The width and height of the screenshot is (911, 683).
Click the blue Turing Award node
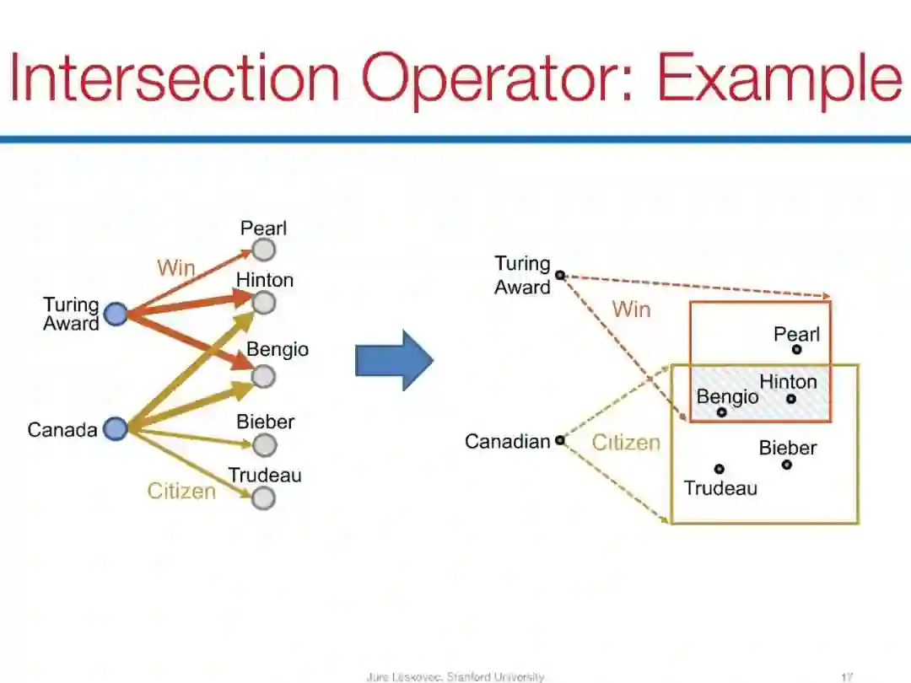tap(116, 315)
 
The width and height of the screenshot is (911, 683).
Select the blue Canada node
tap(115, 429)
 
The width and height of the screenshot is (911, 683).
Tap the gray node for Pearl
tap(264, 250)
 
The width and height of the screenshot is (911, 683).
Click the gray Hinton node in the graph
tap(264, 303)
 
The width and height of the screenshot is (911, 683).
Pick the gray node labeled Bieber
tap(264, 444)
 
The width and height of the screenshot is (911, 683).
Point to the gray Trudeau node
tap(264, 498)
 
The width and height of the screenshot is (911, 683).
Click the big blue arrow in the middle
tap(394, 360)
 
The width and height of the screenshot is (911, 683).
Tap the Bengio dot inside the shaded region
tap(721, 412)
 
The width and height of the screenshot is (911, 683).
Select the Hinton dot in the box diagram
tap(791, 399)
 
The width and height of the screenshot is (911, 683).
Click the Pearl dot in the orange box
tap(796, 349)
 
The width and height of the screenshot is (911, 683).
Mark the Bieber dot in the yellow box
tap(786, 464)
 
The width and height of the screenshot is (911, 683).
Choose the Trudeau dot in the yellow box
tap(719, 469)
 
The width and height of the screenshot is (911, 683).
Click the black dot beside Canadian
tap(559, 440)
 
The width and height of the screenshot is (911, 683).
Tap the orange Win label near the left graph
tap(176, 268)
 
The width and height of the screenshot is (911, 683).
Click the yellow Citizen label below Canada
tap(181, 491)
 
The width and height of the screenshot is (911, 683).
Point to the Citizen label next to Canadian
tap(626, 443)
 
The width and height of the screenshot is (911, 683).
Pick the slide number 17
tap(848, 676)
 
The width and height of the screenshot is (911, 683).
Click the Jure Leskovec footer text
tap(455, 676)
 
